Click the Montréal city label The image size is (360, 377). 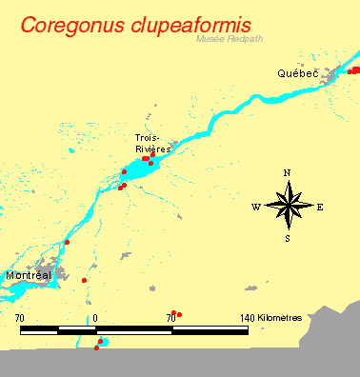pyautogui.click(x=28, y=275)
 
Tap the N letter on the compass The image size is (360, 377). pyautogui.click(x=288, y=173)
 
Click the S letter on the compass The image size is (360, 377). pyautogui.click(x=288, y=239)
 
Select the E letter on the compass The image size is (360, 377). pyautogui.click(x=320, y=207)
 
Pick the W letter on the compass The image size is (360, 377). pyautogui.click(x=256, y=207)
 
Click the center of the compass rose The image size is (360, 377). pyautogui.click(x=288, y=206)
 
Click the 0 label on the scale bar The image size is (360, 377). pyautogui.click(x=96, y=316)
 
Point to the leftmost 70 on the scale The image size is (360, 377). pyautogui.click(x=20, y=316)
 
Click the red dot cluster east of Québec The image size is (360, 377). pyautogui.click(x=354, y=69)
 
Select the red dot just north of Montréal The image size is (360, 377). pyautogui.click(x=68, y=243)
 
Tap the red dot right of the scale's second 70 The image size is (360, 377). pyautogui.click(x=179, y=314)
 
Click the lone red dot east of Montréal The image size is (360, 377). pyautogui.click(x=85, y=280)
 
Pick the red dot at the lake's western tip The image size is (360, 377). pyautogui.click(x=124, y=171)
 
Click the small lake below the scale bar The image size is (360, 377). pyautogui.click(x=103, y=342)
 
